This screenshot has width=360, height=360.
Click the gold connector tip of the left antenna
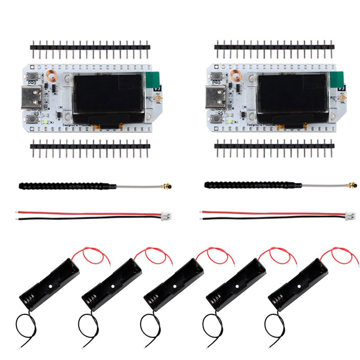[168, 186]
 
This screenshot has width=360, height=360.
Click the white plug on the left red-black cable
[167, 215]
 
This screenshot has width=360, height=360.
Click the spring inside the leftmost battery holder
[28, 299]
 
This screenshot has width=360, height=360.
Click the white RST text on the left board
[36, 113]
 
